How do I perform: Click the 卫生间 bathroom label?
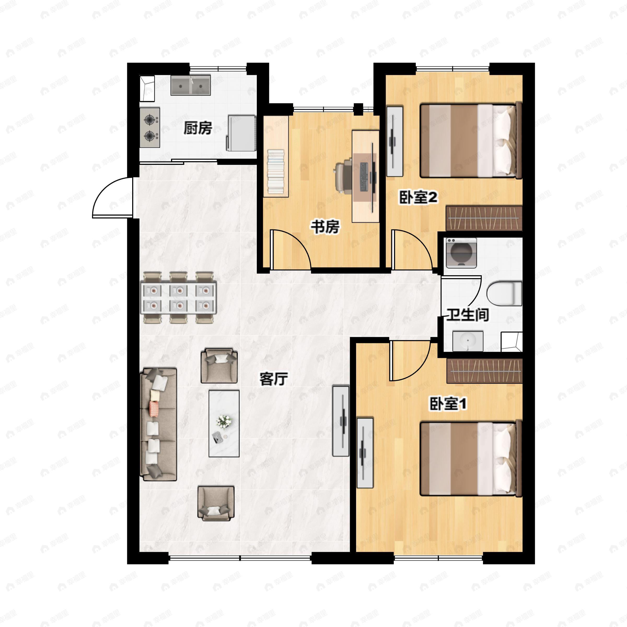(x=468, y=315)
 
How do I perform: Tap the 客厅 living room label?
(x=274, y=379)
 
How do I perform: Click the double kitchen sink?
(x=191, y=85)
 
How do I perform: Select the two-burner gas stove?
(x=150, y=127)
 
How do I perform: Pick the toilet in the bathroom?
(x=504, y=293)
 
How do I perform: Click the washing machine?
(x=461, y=253)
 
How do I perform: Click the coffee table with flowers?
(x=224, y=423)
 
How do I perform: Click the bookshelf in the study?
(x=276, y=156)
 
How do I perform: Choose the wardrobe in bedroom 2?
(x=484, y=218)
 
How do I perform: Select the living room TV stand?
(x=341, y=421)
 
